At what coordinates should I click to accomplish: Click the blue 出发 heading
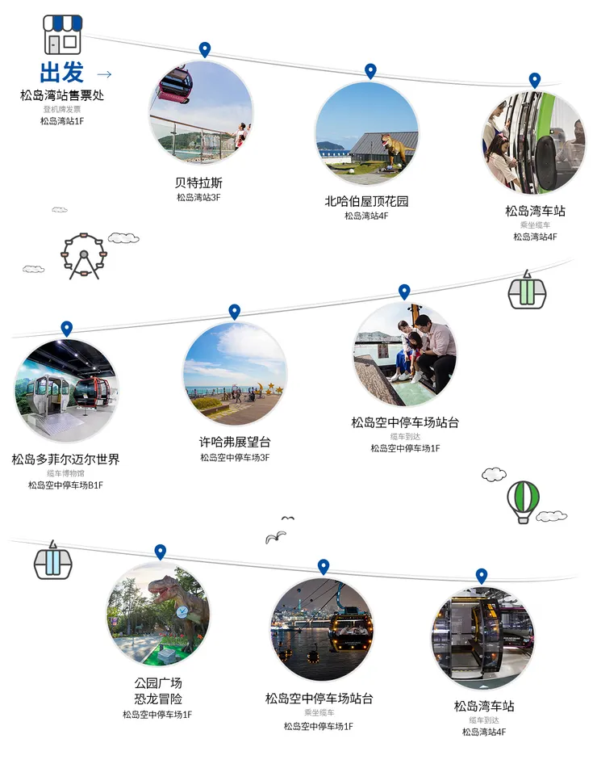(62, 73)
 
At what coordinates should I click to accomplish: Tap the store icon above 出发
(62, 35)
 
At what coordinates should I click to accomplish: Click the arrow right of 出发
(103, 74)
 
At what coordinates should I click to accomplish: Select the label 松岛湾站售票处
(62, 95)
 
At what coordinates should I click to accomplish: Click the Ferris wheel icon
(84, 256)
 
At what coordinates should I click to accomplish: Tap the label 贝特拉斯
(198, 183)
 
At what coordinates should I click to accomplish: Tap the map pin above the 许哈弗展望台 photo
(234, 311)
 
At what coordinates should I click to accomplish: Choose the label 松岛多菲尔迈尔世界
(65, 460)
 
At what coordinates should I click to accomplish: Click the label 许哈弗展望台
(235, 442)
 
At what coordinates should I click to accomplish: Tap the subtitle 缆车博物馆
(65, 473)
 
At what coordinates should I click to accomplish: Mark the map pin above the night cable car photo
(323, 567)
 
